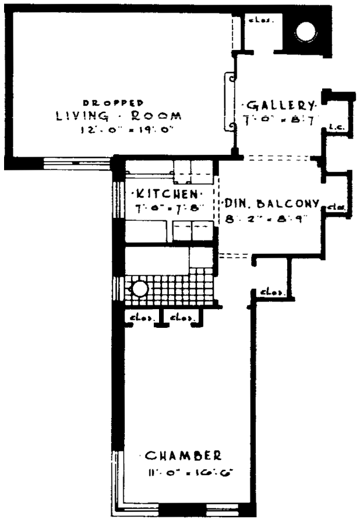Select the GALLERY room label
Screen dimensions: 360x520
coord(281,106)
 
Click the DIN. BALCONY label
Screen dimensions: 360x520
coord(271,204)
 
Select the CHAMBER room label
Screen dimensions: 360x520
coord(182,455)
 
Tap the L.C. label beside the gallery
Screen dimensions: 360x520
coord(335,126)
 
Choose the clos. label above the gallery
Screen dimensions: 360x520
coord(258,19)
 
